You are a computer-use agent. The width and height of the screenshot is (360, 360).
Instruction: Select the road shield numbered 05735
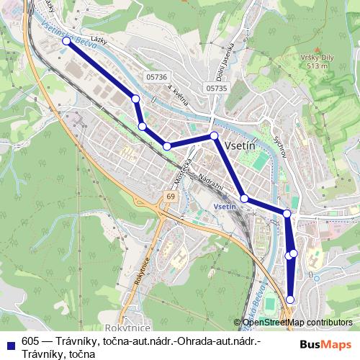tap(215, 88)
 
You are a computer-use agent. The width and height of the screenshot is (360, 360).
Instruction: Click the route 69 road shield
tap(170, 196)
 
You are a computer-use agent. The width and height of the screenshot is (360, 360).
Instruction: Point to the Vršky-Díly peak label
tap(315, 60)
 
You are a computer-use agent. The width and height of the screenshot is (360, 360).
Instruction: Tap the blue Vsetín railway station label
tap(225, 207)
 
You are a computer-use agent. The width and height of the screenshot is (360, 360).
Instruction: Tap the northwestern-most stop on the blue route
tap(66, 41)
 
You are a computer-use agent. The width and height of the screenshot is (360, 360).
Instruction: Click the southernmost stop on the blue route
tap(291, 300)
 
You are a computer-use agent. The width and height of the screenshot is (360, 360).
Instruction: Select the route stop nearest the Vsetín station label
tap(244, 198)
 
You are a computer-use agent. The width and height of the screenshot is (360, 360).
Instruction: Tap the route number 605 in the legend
tap(30, 341)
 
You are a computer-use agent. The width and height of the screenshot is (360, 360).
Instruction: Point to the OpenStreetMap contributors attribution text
tap(297, 323)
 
